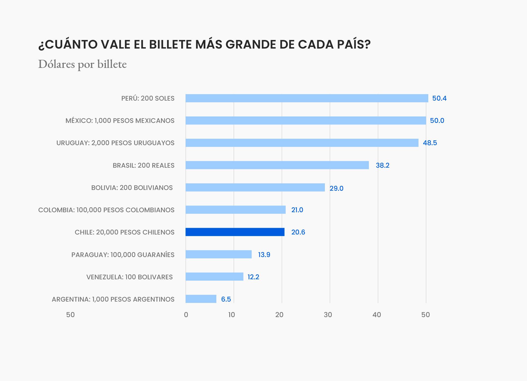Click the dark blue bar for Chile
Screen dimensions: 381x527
pyautogui.click(x=235, y=232)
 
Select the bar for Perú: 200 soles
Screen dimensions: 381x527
pyautogui.click(x=307, y=98)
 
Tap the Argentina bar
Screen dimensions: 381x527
pyautogui.click(x=201, y=299)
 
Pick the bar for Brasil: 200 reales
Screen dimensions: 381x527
pyautogui.click(x=277, y=165)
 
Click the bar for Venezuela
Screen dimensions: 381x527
pyautogui.click(x=214, y=277)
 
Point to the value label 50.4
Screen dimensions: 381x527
pyautogui.click(x=439, y=98)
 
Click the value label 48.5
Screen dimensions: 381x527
pyautogui.click(x=430, y=143)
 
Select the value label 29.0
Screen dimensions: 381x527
pyautogui.click(x=336, y=188)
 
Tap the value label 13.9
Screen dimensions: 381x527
pyautogui.click(x=264, y=255)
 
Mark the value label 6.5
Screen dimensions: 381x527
pyautogui.click(x=226, y=299)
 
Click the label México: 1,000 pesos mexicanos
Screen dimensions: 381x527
pyautogui.click(x=120, y=120)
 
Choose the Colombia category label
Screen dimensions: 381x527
pyautogui.click(x=106, y=210)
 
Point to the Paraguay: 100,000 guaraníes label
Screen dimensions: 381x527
pyautogui.click(x=123, y=255)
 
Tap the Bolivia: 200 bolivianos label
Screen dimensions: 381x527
pyautogui.click(x=132, y=188)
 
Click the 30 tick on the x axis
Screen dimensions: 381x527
pyautogui.click(x=328, y=315)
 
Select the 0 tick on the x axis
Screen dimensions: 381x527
pyautogui.click(x=186, y=315)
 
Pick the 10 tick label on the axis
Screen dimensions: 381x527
pyautogui.click(x=231, y=315)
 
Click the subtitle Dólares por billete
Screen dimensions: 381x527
pyautogui.click(x=82, y=64)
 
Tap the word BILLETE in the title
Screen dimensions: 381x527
pyautogui.click(x=170, y=44)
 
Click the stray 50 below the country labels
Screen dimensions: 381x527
pyautogui.click(x=70, y=315)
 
